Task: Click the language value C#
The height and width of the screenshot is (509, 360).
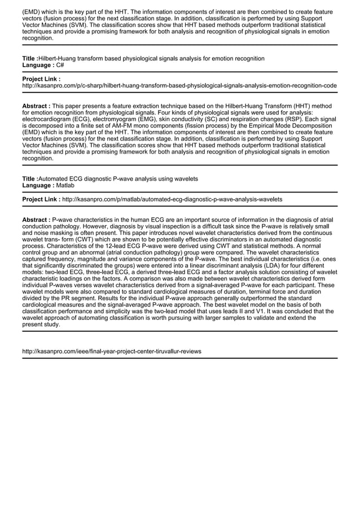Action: point(60,65)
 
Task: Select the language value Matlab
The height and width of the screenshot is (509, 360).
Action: point(65,185)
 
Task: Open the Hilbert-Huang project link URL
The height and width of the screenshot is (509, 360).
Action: point(179,86)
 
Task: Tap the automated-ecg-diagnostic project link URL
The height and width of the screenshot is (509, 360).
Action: point(172,199)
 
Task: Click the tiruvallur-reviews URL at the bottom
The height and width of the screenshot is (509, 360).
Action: point(111,351)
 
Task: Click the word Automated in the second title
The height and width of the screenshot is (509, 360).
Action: point(55,179)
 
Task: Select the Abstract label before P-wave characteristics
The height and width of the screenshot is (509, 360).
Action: point(36,219)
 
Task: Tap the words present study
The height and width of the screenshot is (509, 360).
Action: point(40,324)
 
